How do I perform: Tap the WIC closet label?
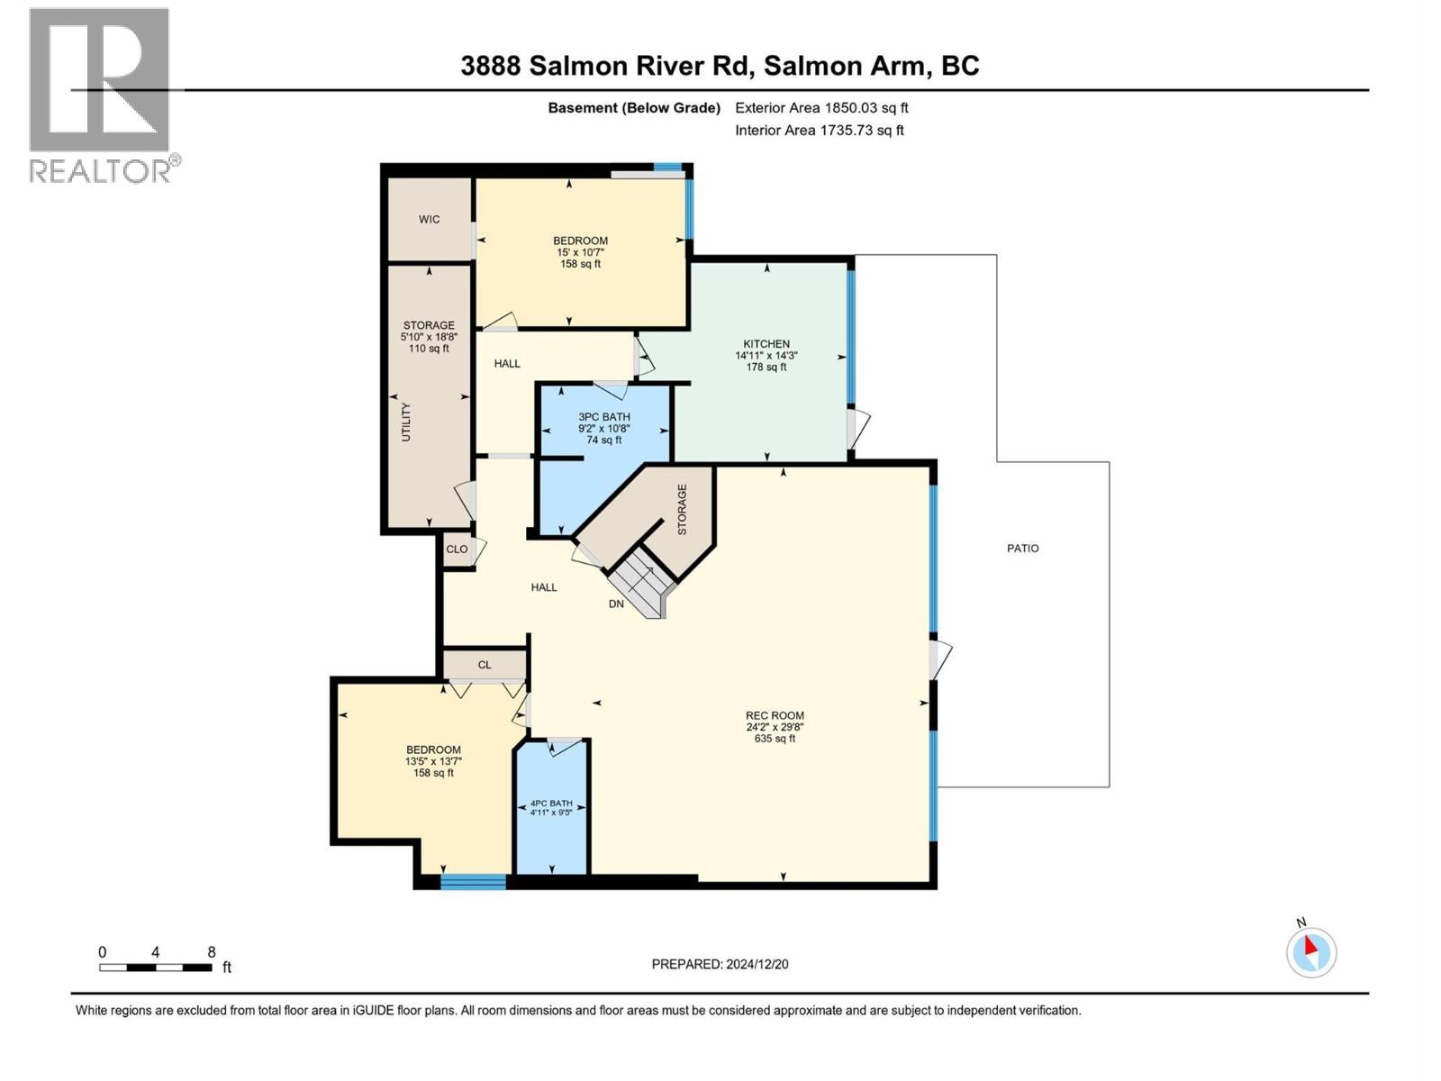click(x=429, y=219)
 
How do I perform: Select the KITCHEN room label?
click(x=766, y=343)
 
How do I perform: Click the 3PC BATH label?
click(x=603, y=417)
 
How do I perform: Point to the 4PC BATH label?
click(x=550, y=803)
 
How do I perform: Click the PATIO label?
click(x=1022, y=548)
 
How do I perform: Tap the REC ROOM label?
click(x=775, y=715)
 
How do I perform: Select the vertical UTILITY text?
click(x=405, y=422)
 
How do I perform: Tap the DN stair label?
click(x=616, y=604)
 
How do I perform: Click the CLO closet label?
click(x=457, y=549)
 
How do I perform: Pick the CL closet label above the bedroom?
click(x=485, y=665)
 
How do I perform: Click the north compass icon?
click(x=1310, y=951)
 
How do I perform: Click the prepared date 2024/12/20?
click(x=720, y=964)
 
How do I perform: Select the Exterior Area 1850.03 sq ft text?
click(x=821, y=107)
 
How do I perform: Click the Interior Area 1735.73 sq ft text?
click(x=819, y=130)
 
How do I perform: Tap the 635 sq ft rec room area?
click(x=775, y=739)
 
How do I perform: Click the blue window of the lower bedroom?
click(x=473, y=882)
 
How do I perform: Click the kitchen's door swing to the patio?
click(x=859, y=429)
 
